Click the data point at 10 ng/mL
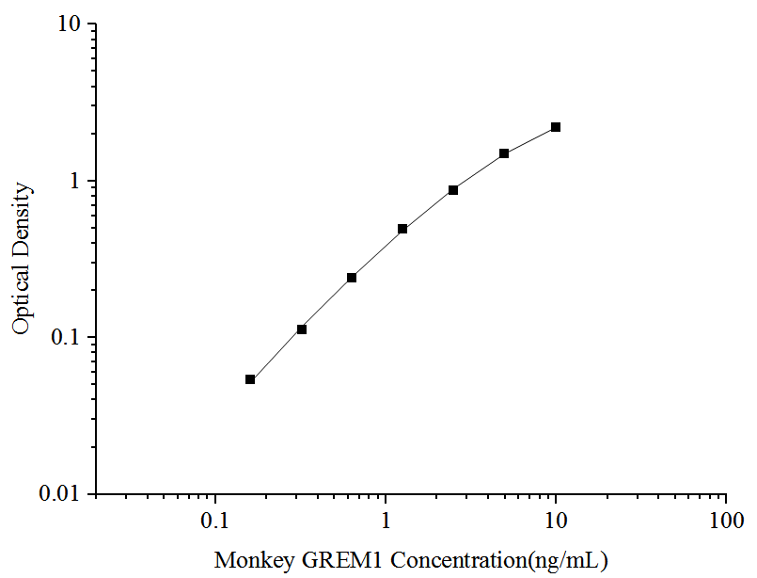556,127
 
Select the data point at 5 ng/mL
504,153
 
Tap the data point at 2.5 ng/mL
453,190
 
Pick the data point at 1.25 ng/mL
402,229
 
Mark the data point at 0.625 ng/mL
352,278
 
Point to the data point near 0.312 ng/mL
302,329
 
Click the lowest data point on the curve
250,379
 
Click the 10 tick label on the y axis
71,24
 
